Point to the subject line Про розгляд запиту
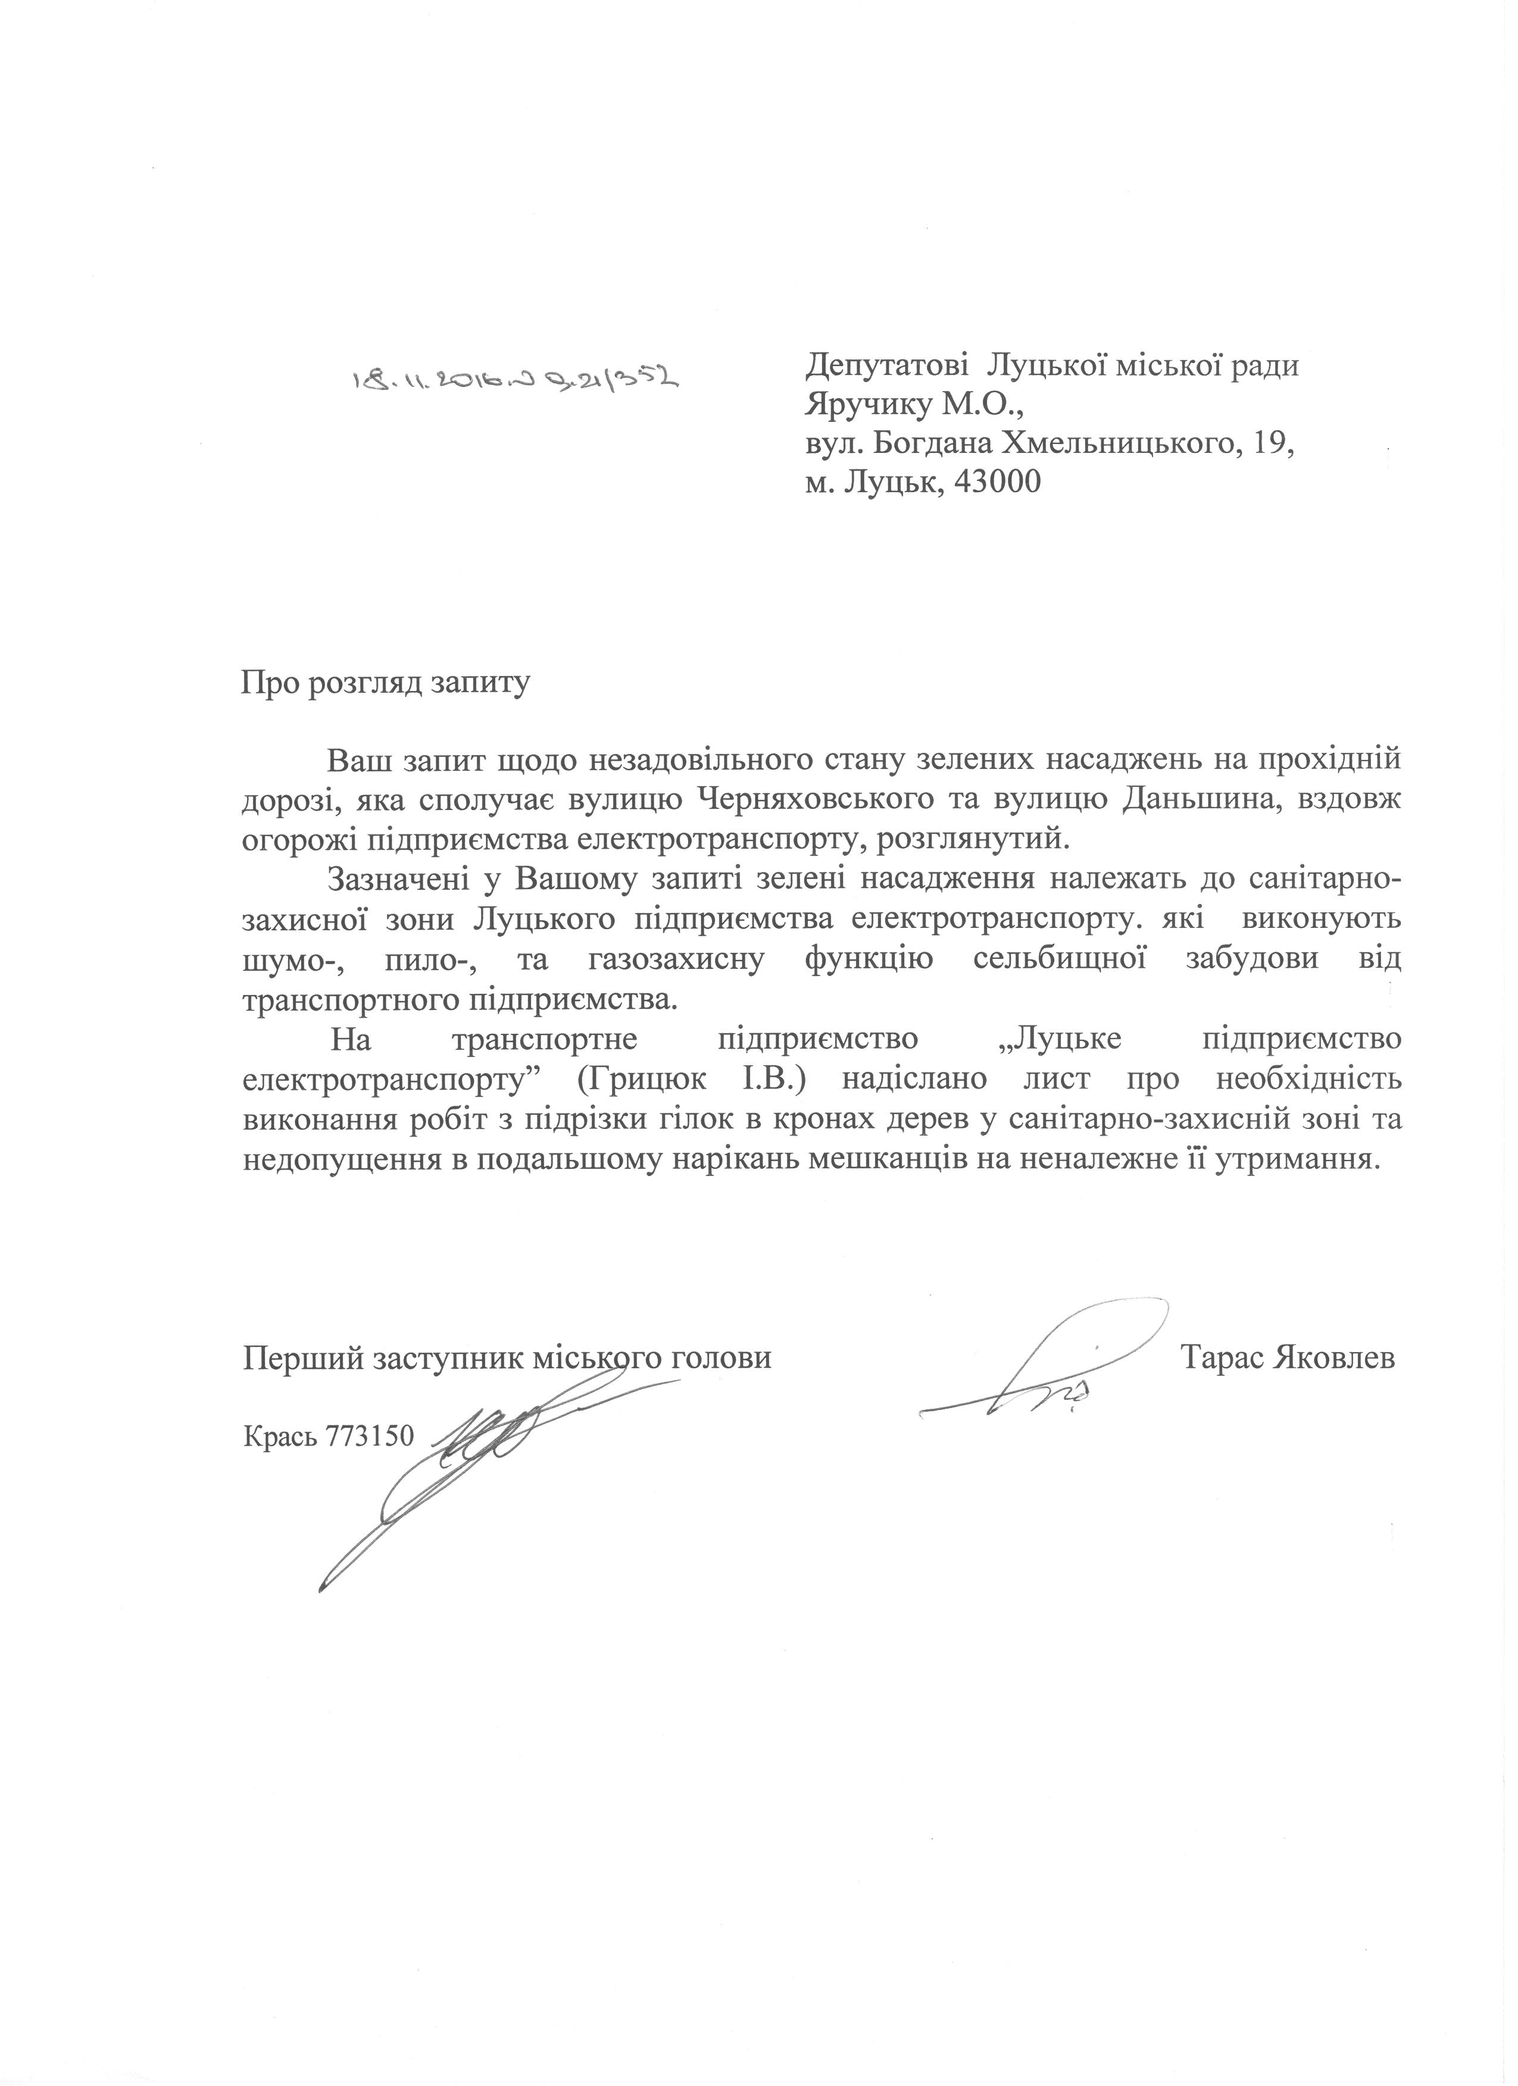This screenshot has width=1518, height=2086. pos(386,684)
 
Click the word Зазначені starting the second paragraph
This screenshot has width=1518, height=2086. pos(401,879)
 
